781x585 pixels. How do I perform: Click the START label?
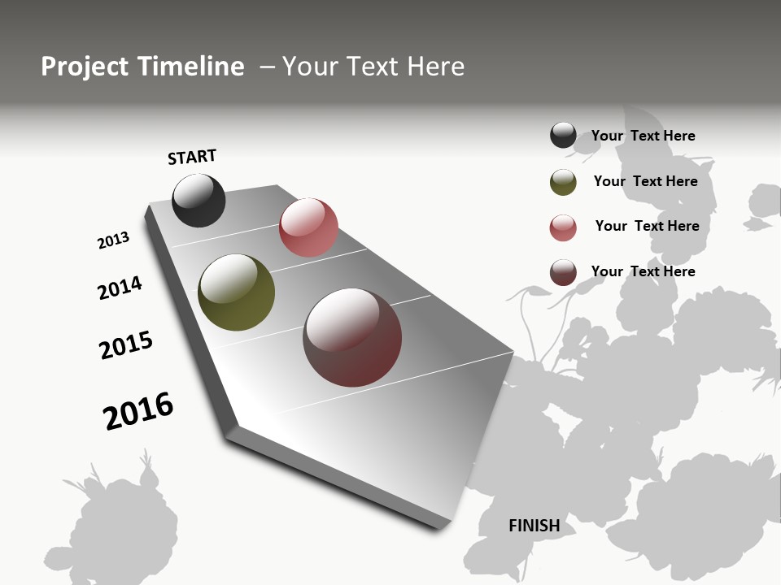click(192, 157)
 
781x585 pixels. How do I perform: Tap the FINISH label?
click(534, 526)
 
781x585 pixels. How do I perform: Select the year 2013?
click(113, 240)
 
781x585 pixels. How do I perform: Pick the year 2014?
click(120, 288)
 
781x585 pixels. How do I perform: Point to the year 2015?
click(126, 345)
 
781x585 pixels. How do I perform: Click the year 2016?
click(138, 411)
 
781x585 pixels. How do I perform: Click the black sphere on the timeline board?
click(199, 200)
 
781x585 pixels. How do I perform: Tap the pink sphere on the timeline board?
click(308, 227)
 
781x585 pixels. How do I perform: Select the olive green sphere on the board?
click(236, 292)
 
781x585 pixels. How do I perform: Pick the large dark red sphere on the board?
click(352, 337)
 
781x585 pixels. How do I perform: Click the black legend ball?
click(563, 135)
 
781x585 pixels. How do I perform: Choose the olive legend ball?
click(563, 182)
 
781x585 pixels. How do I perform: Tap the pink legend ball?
click(563, 227)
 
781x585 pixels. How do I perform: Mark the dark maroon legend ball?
click(563, 272)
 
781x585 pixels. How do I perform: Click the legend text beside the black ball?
click(643, 136)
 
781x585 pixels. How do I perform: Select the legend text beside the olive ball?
click(645, 181)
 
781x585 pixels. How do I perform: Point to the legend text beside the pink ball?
click(647, 226)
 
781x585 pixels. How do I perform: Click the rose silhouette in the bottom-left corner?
click(114, 528)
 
